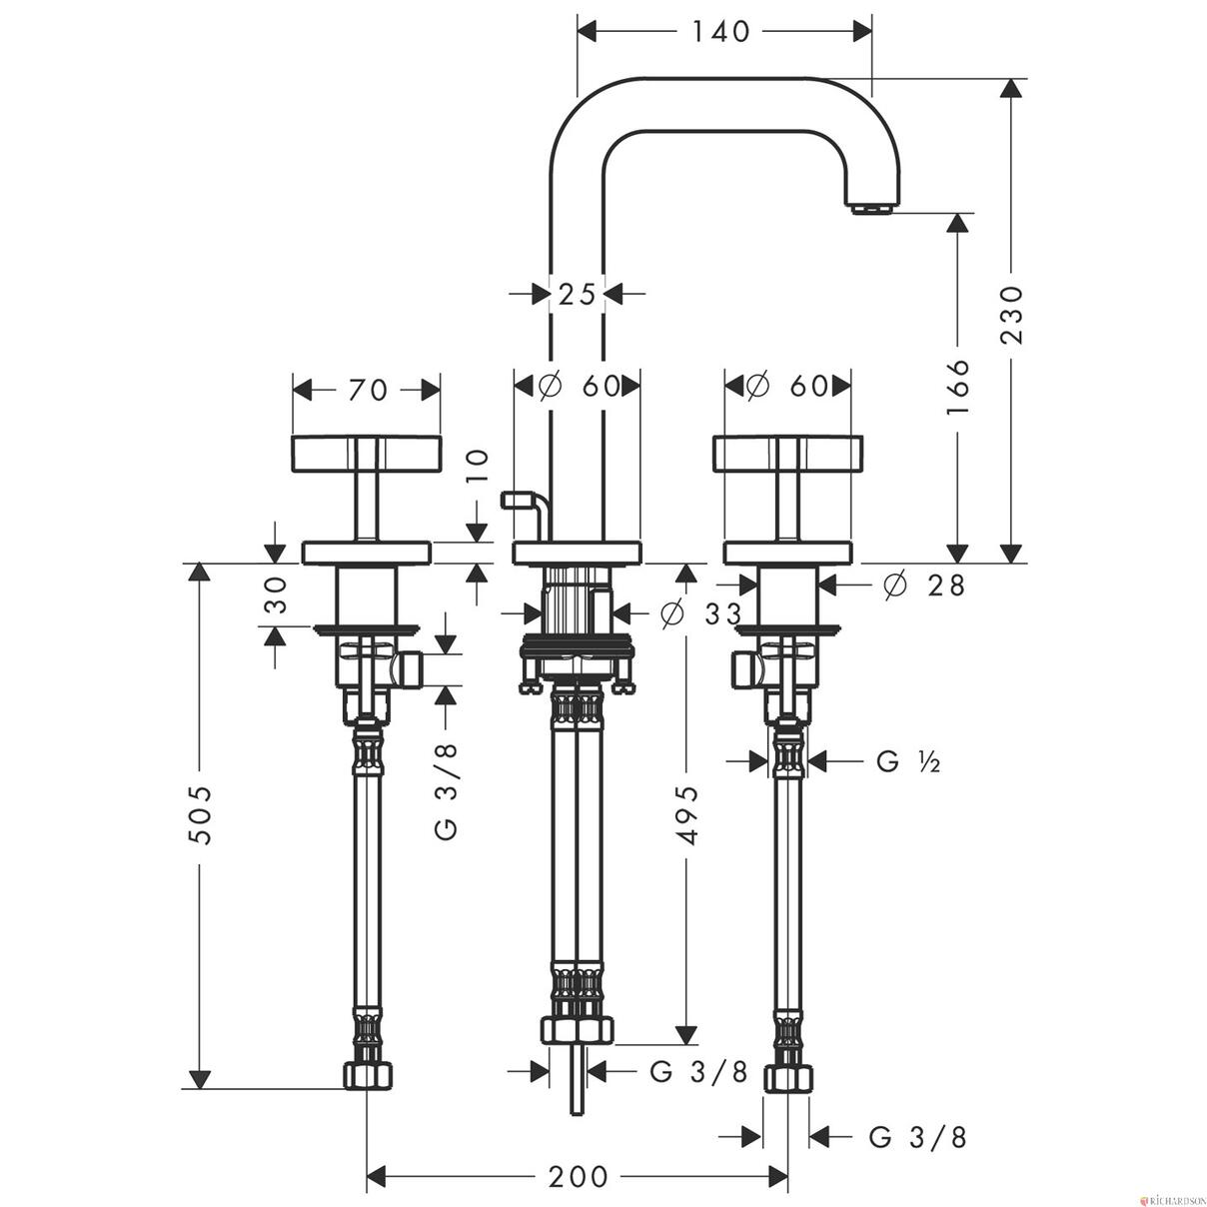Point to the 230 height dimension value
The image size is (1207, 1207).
coord(1011,315)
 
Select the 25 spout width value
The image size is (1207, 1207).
coord(577,294)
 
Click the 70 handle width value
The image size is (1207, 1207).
coord(369,391)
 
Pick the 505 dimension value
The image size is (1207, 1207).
coord(201,815)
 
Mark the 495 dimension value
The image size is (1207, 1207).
coord(687,815)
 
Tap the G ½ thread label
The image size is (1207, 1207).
coord(909,762)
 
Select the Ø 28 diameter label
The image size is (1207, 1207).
coord(924,586)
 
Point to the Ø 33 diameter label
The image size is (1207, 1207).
coord(700,615)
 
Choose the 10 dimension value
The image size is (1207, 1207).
coord(478,466)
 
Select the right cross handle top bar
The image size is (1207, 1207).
coord(788,454)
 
